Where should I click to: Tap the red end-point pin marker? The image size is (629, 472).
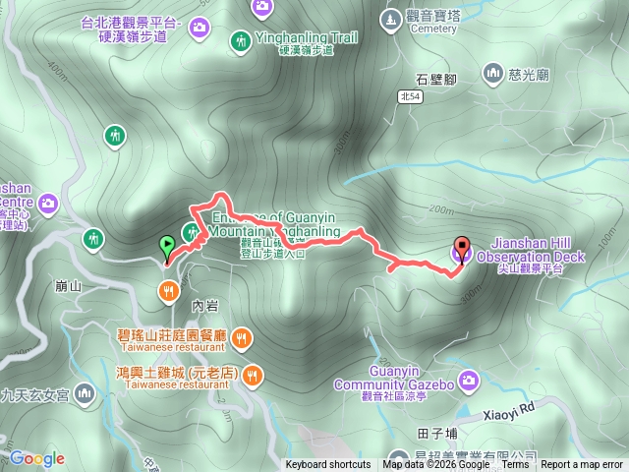pyautogui.click(x=462, y=249)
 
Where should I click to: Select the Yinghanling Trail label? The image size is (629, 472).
pyautogui.click(x=306, y=37)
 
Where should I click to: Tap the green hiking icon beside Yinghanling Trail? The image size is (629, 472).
pyautogui.click(x=241, y=41)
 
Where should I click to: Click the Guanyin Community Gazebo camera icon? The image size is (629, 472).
pyautogui.click(x=468, y=379)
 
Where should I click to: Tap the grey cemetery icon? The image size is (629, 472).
pyautogui.click(x=392, y=18)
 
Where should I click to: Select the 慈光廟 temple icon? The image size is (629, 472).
pyautogui.click(x=492, y=72)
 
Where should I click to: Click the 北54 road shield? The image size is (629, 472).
pyautogui.click(x=411, y=95)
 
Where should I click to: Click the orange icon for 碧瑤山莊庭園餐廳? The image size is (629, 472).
pyautogui.click(x=242, y=340)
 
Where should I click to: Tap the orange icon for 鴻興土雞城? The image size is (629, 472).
pyautogui.click(x=254, y=374)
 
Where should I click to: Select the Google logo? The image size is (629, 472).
pyautogui.click(x=37, y=458)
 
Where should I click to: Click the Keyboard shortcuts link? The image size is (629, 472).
pyautogui.click(x=328, y=465)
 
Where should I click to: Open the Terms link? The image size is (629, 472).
pyautogui.click(x=515, y=465)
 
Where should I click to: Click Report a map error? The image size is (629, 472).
pyautogui.click(x=582, y=465)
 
